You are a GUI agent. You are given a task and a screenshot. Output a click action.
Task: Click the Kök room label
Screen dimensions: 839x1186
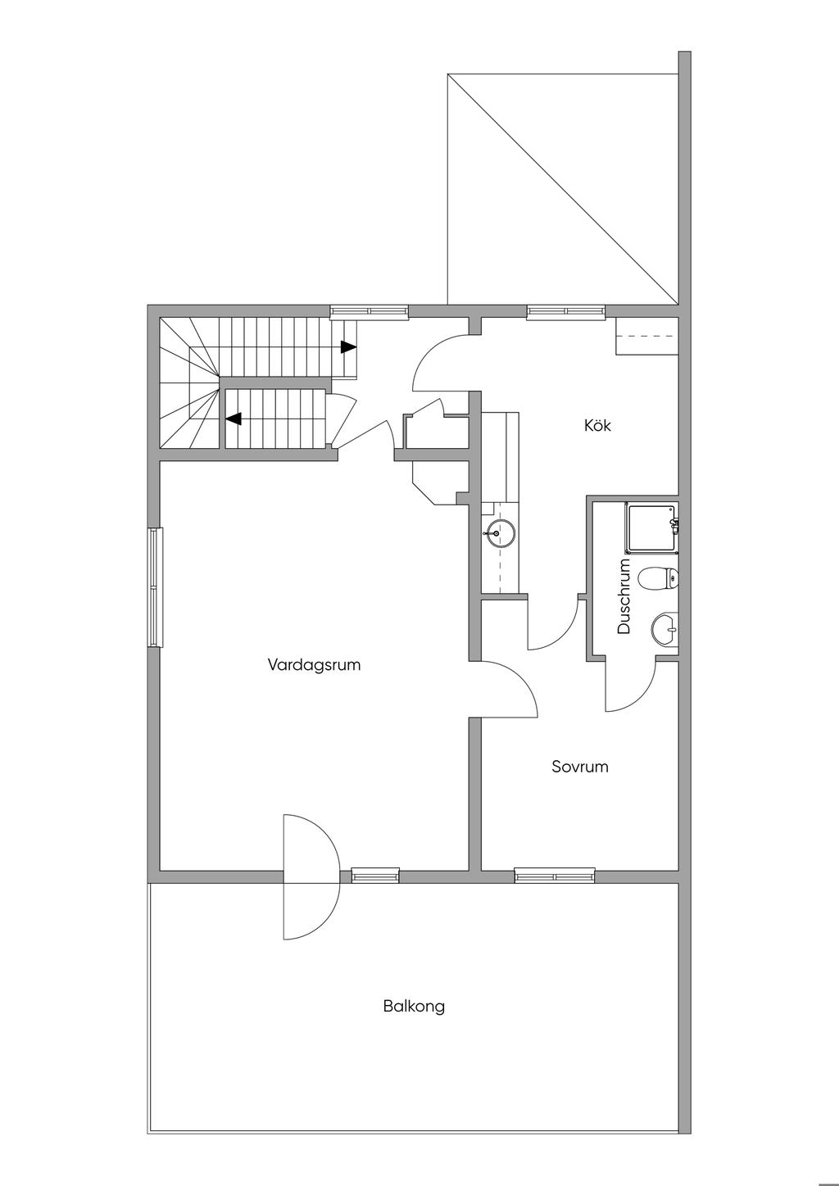[x=597, y=425]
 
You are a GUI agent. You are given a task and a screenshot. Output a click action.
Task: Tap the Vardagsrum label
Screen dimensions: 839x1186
[x=314, y=664]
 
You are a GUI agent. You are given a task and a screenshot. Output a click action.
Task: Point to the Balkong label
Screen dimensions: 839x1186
[x=414, y=1021]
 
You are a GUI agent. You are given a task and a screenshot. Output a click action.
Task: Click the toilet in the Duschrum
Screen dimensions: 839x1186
[x=659, y=577]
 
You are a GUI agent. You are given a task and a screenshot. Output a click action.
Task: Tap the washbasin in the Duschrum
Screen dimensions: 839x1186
[x=664, y=630]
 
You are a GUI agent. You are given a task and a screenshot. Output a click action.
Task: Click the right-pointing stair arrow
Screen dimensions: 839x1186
[x=348, y=346]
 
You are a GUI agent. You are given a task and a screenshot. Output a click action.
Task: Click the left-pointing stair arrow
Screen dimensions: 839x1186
[x=234, y=419]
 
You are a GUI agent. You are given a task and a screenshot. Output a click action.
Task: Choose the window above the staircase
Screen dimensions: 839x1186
[x=370, y=312]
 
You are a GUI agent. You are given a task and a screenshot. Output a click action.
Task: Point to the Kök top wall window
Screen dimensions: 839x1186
[x=565, y=312]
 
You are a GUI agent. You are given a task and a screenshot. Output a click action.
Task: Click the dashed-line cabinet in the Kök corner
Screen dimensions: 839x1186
[x=647, y=336]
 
